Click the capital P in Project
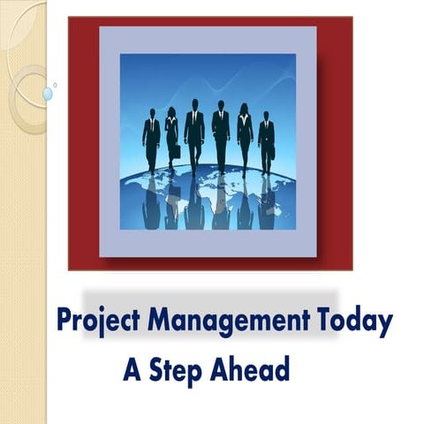(x=63, y=321)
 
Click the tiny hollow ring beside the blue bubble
(x=55, y=85)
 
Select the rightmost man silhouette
(x=266, y=141)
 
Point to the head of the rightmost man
(x=266, y=115)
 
